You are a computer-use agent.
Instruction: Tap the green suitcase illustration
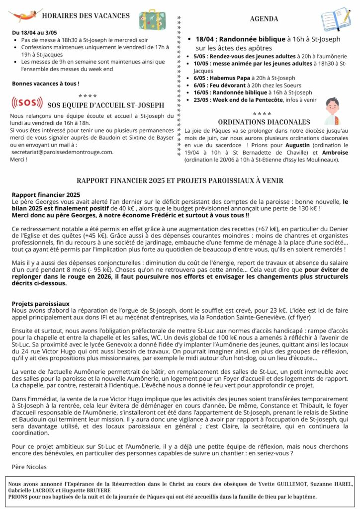coord(149,19)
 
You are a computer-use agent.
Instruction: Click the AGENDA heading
coord(264,19)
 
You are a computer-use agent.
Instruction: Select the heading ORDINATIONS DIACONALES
coord(264,122)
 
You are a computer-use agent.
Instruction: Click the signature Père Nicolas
coord(29,467)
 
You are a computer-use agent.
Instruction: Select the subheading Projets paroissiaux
coord(41,303)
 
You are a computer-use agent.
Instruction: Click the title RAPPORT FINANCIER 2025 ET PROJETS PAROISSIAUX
coord(180,180)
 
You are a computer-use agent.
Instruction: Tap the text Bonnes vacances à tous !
coord(46,84)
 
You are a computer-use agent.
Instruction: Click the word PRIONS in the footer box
coord(18,496)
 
